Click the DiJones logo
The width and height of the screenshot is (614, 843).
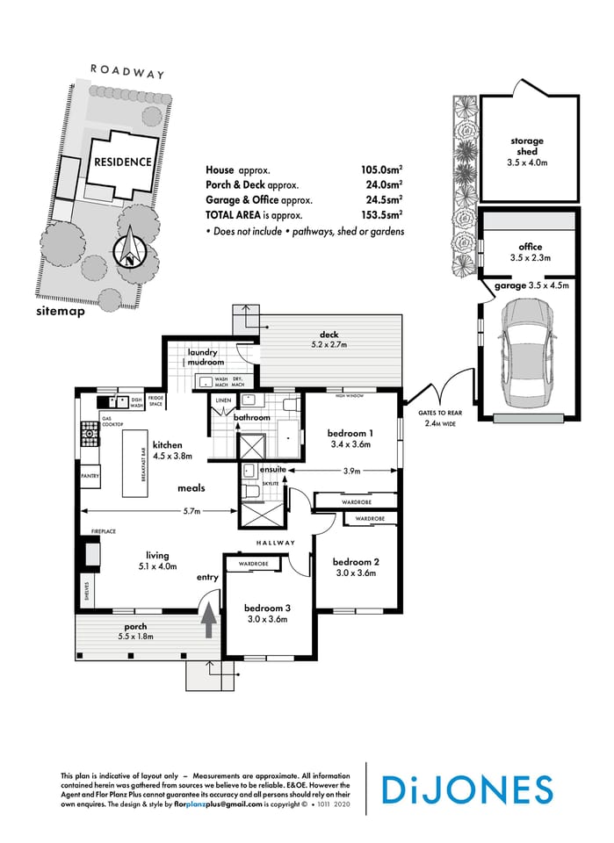(466, 789)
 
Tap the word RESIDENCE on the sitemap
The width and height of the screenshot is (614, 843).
(123, 162)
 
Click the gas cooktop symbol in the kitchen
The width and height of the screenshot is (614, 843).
(88, 432)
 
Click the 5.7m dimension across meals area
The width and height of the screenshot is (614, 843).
(191, 511)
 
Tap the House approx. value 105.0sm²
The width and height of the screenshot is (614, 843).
(381, 169)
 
